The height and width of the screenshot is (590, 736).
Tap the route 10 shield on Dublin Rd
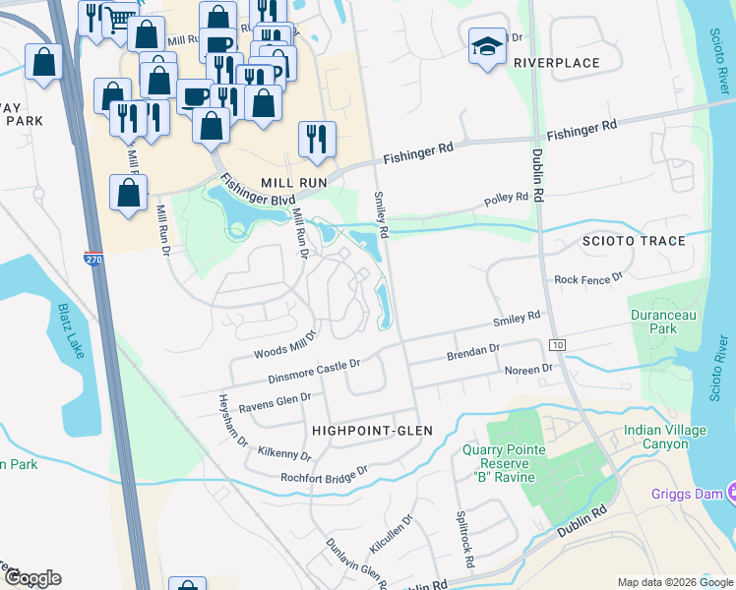click(558, 345)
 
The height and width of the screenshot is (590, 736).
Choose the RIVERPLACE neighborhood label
click(556, 63)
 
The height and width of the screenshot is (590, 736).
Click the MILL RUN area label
click(285, 182)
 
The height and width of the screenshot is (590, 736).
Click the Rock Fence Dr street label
click(588, 279)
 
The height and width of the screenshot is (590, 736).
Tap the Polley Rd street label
click(507, 201)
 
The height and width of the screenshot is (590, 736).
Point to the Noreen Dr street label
click(530, 370)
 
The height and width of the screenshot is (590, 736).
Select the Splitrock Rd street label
click(465, 544)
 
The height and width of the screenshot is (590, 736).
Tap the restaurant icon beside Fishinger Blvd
click(317, 139)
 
